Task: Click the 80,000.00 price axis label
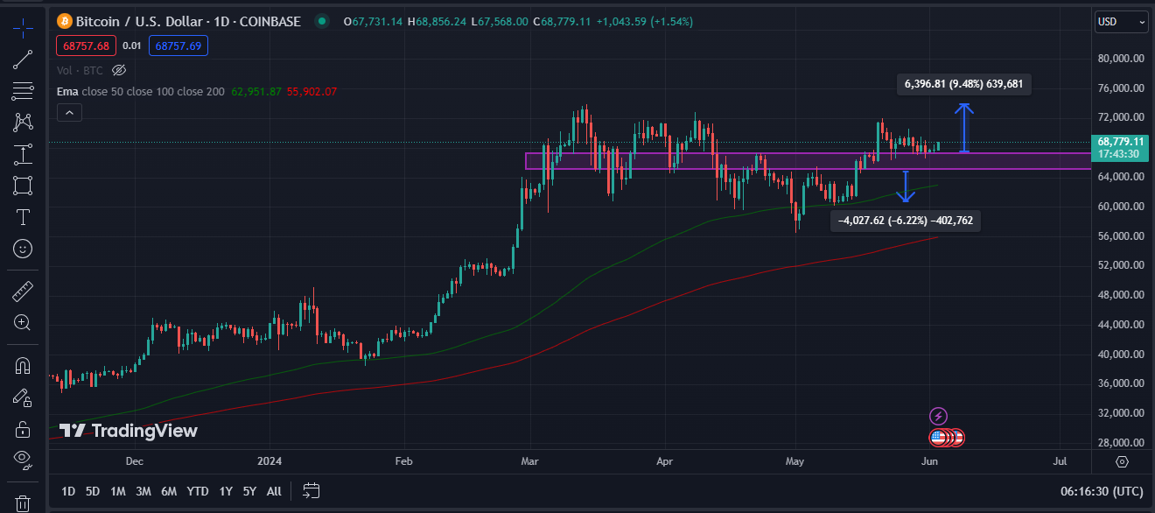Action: coord(1121,59)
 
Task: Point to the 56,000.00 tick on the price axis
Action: coord(1121,236)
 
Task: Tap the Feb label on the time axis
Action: coord(403,460)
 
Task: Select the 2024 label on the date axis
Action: coord(269,460)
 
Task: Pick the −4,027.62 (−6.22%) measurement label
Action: coord(905,221)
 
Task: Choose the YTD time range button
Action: coord(198,491)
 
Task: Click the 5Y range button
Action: coord(249,491)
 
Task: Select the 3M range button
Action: coord(143,491)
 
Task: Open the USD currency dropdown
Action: coord(1121,21)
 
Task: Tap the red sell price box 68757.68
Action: coord(84,45)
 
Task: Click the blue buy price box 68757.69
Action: coord(178,45)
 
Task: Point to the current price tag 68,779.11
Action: coord(1120,141)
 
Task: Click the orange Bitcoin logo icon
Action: coord(64,20)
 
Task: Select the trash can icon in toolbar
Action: coord(23,503)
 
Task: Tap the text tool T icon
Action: coord(23,217)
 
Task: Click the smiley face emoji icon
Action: coord(23,249)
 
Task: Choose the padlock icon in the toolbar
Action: coord(23,428)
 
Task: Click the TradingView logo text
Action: coord(129,431)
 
